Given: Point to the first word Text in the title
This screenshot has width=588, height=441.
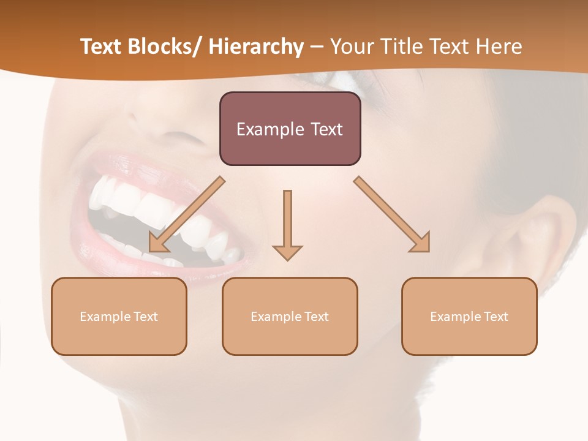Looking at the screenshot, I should coord(101,47).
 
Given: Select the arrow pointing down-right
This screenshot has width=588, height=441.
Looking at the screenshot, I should coord(392,214).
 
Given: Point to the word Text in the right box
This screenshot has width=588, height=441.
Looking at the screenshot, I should coord(496,317).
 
